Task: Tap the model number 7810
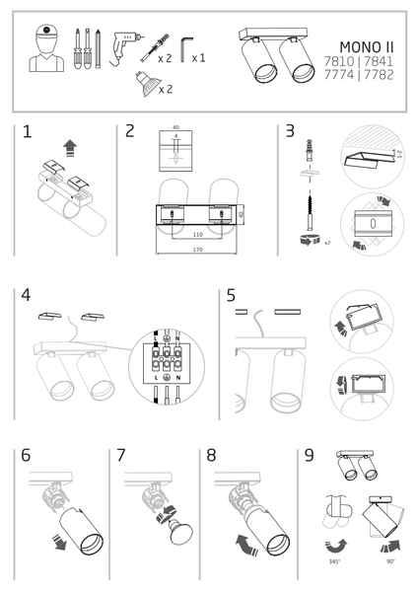pos(352,60)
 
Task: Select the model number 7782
pos(381,74)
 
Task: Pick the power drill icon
pos(125,45)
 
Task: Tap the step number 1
pos(27,131)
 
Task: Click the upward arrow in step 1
pos(69,148)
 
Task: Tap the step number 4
pos(26,296)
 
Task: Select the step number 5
pos(231,295)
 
